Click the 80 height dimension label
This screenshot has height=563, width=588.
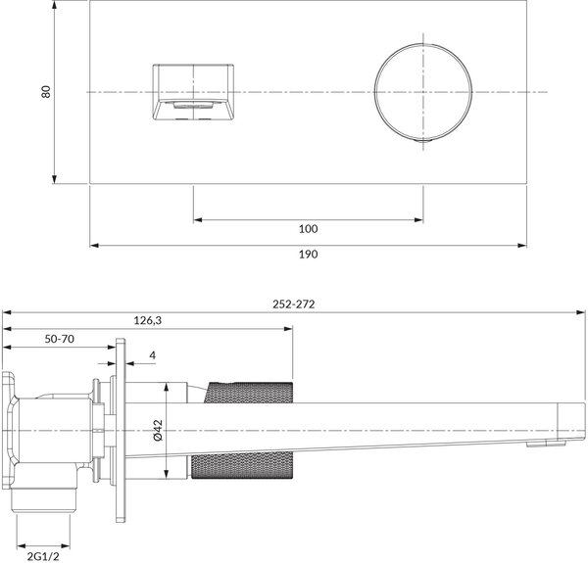(x=46, y=92)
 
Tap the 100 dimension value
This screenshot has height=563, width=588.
(x=308, y=229)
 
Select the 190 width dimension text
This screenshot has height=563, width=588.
(x=308, y=255)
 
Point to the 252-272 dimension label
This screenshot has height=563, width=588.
(x=294, y=305)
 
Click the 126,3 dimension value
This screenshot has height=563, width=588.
(x=148, y=320)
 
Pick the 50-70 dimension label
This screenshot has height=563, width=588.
(x=59, y=339)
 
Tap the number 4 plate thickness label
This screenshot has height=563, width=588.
(x=152, y=355)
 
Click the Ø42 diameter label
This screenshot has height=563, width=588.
(x=158, y=430)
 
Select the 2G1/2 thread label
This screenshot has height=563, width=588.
(x=43, y=556)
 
